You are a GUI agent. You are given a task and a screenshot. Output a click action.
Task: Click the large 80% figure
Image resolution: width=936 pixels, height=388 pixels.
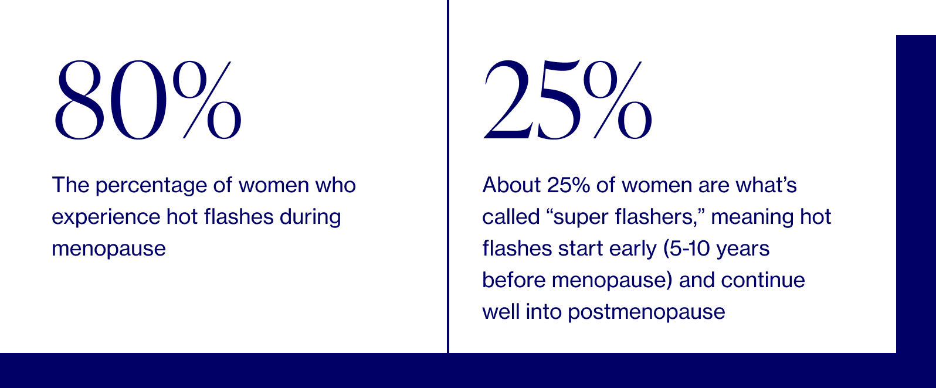pos(148,100)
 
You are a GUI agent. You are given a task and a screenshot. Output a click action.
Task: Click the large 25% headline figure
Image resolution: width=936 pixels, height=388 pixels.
pos(568,100)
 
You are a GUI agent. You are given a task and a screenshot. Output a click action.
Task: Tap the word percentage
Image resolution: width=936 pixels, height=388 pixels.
pos(151,186)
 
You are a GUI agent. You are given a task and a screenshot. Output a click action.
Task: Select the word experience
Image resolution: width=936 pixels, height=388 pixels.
pos(106,217)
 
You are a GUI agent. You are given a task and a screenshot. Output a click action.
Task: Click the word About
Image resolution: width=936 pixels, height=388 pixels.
pos(511,185)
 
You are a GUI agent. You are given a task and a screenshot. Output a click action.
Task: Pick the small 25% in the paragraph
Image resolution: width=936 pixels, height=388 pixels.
pos(568,185)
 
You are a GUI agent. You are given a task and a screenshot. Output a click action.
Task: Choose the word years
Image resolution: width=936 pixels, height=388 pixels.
pos(742,250)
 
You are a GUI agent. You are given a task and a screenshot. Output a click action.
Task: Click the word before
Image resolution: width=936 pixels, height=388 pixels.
pos(514,280)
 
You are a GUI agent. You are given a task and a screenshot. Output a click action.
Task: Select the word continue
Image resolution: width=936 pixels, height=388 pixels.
pos(763,280)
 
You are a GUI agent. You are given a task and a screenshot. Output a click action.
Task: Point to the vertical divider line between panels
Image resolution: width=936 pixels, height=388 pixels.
pos(448,176)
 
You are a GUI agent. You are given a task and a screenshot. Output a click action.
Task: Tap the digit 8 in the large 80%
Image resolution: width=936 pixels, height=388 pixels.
pos(79,100)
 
